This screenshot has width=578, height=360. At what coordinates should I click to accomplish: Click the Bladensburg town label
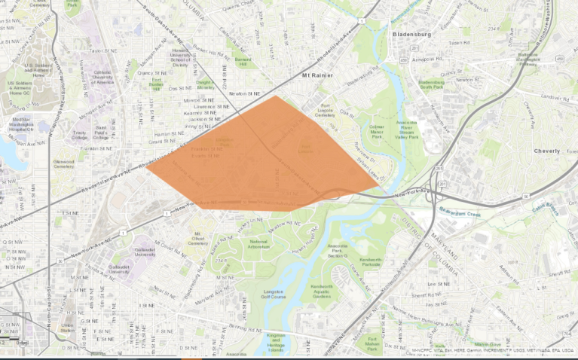(411, 34)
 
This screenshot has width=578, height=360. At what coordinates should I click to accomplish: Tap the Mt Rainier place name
(317, 76)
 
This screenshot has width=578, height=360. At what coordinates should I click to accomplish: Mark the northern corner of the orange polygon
(276, 96)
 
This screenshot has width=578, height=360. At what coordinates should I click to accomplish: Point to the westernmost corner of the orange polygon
(146, 169)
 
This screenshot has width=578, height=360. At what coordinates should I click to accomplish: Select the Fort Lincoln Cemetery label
(325, 109)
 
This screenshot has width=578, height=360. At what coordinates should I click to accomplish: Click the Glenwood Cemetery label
(63, 163)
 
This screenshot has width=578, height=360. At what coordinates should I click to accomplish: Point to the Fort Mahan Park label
(372, 343)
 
